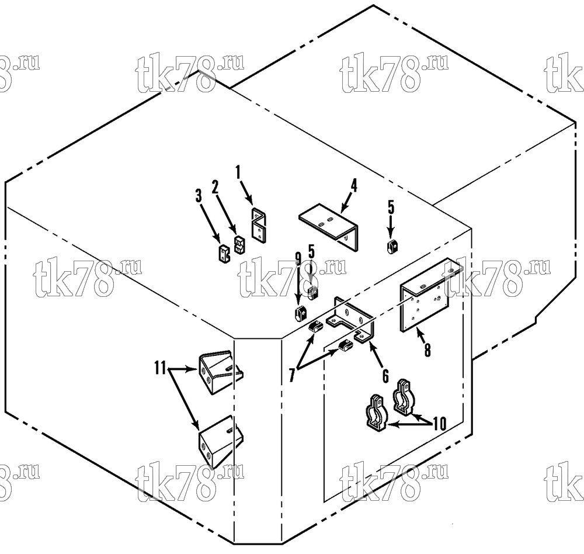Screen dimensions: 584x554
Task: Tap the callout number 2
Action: [x=215, y=187]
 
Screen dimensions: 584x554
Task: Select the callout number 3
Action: [x=199, y=196]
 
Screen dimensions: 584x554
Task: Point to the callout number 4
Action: [x=354, y=186]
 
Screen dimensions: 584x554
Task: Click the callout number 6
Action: [x=385, y=376]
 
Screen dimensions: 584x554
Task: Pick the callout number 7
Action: [x=292, y=375]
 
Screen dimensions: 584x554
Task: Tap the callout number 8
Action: [x=427, y=350]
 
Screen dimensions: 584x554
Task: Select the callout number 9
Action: [x=298, y=259]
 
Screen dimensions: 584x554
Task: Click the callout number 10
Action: [x=440, y=424]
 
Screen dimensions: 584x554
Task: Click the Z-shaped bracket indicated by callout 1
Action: [x=259, y=226]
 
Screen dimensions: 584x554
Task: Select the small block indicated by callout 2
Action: [x=239, y=245]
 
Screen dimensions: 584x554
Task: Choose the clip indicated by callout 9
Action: [x=300, y=314]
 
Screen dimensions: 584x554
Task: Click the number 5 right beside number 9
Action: [x=311, y=252]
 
